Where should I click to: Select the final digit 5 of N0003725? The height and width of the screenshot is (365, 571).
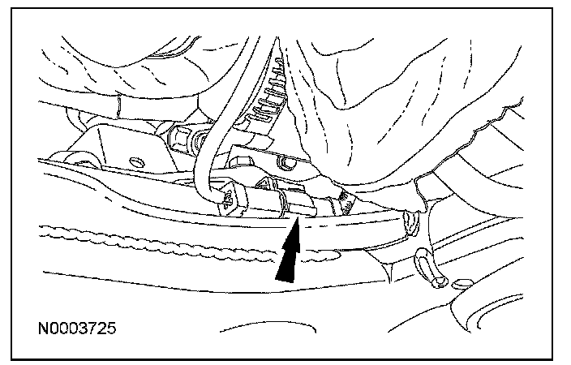point(112,329)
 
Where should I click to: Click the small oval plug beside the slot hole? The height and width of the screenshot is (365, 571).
point(462,285)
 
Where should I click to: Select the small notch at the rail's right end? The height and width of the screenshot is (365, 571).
point(408,220)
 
